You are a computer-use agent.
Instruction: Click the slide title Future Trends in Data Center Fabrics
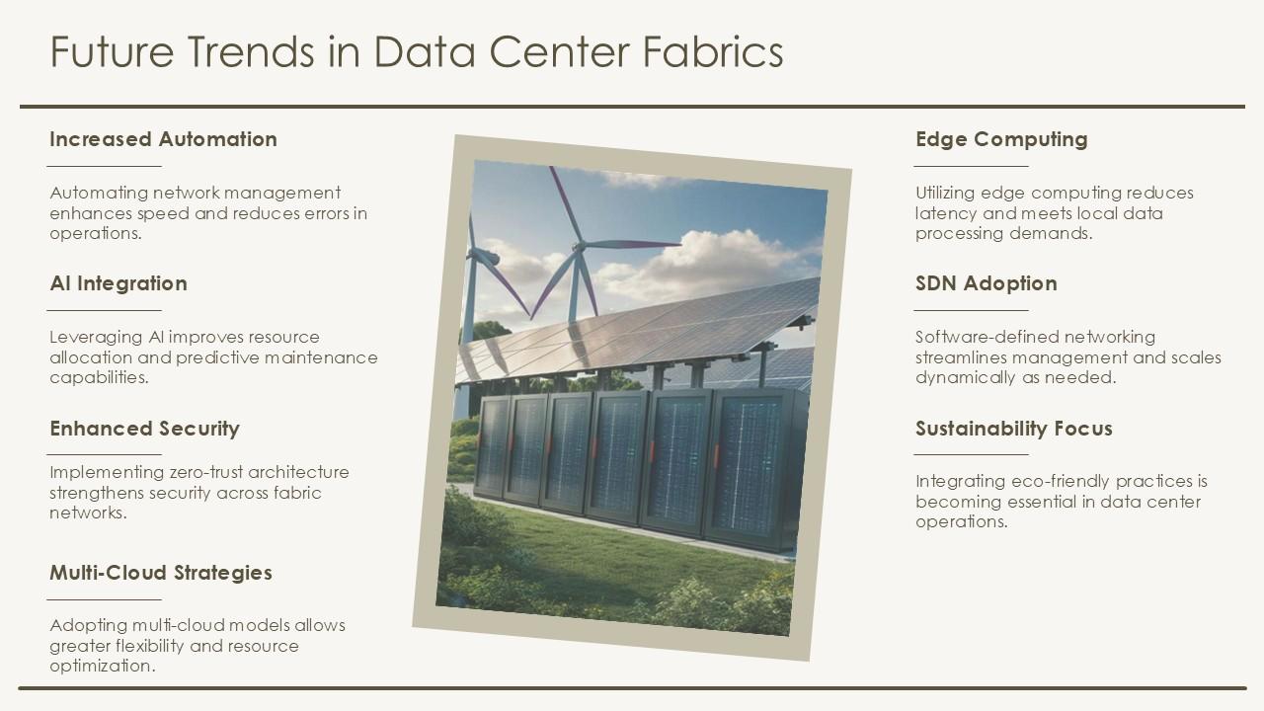point(416,51)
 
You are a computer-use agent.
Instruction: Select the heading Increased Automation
point(163,139)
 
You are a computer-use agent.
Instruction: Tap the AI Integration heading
point(118,283)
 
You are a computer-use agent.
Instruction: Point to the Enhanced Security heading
point(144,429)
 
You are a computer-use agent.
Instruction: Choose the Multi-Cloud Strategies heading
point(160,573)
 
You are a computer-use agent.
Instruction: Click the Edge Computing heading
point(1000,139)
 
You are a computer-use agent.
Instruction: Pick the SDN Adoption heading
point(986,283)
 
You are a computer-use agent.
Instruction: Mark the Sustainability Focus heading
point(1013,429)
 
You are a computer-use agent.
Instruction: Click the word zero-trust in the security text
point(205,472)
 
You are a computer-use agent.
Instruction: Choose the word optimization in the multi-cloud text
point(102,666)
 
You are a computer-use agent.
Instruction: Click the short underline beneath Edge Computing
point(971,166)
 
